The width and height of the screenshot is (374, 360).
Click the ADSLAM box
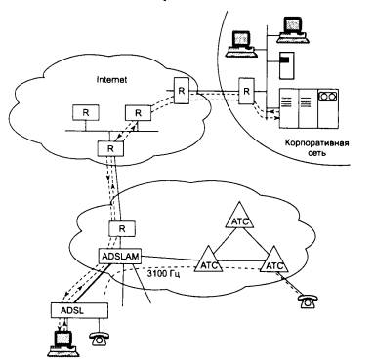(120, 257)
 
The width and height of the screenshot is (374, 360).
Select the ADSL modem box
(79, 310)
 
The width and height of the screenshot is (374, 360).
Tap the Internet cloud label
(112, 80)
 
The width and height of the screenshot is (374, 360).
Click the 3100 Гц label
(163, 273)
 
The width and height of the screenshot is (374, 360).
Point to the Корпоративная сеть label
(316, 147)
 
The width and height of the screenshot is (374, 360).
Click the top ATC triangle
(240, 216)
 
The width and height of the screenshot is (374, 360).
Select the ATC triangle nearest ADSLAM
(208, 260)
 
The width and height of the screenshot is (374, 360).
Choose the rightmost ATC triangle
(274, 260)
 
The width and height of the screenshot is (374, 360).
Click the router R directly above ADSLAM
(122, 229)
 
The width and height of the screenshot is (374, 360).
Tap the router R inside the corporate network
(247, 91)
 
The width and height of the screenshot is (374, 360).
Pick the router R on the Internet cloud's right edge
(182, 91)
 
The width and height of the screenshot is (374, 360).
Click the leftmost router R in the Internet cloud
(86, 113)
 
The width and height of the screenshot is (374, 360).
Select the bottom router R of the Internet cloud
(110, 149)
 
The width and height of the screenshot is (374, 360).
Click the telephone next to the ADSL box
(100, 340)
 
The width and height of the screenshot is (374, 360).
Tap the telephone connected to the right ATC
(308, 301)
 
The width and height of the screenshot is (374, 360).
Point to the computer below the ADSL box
(64, 344)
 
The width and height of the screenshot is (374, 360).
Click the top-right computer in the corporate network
(293, 30)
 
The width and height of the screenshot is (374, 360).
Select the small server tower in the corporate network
(287, 65)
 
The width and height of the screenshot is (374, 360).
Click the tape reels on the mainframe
(328, 97)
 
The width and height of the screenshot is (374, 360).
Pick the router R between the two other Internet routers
(138, 113)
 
